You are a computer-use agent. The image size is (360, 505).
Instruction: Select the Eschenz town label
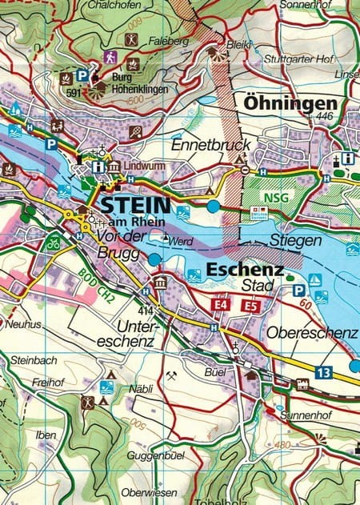(x=245, y=270)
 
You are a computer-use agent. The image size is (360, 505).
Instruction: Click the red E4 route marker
(x=222, y=305)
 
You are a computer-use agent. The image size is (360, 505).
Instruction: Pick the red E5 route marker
(x=250, y=305)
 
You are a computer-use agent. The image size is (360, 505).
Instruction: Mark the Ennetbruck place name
(x=211, y=145)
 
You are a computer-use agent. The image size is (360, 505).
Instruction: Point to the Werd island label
(x=182, y=239)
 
